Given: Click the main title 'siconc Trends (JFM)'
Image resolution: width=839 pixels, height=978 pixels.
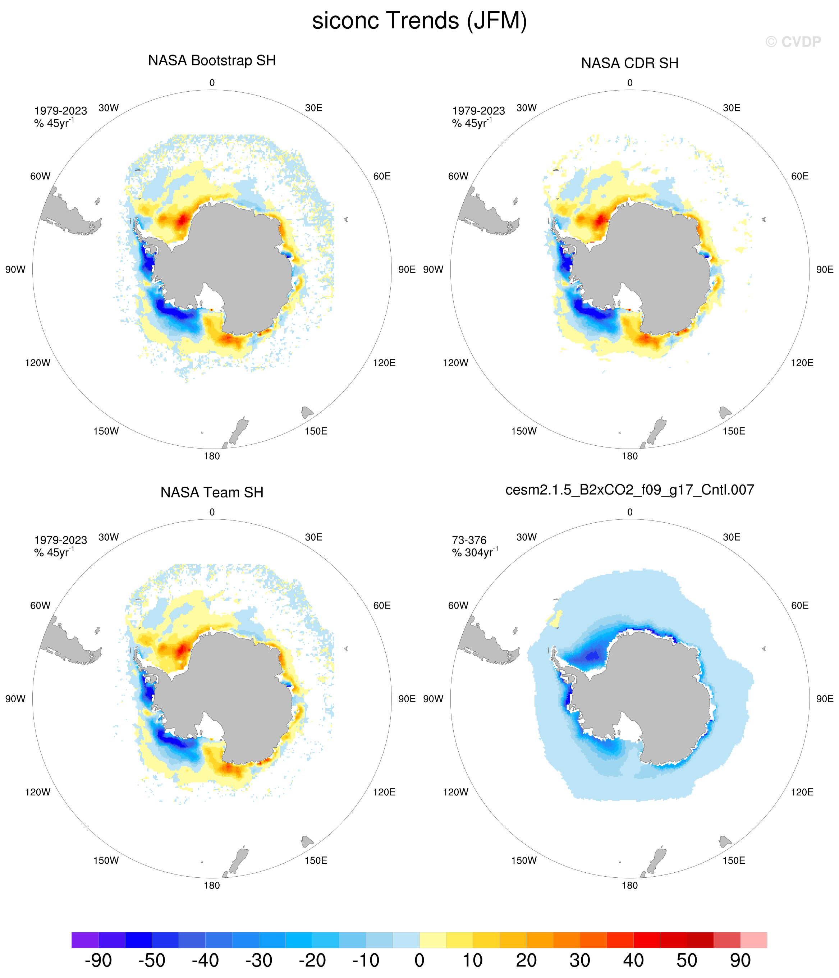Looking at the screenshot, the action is pos(419,21).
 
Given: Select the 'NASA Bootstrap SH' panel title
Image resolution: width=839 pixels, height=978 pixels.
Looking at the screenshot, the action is pos(212,61).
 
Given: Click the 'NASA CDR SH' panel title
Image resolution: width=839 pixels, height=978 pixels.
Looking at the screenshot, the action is pos(629,63).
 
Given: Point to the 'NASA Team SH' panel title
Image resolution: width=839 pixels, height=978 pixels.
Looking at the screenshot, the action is pos(212,492).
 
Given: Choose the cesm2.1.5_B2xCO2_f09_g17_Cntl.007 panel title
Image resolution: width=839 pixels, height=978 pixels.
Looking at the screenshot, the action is pos(629,490).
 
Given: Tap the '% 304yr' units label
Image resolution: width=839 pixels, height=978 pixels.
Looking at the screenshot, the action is pos(475,552).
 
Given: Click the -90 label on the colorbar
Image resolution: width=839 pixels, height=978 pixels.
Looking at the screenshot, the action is pos(98,960).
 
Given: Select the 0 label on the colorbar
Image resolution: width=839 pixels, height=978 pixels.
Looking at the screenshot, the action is pos(419,960).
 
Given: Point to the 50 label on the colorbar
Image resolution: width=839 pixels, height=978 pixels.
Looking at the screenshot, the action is pos(687,960).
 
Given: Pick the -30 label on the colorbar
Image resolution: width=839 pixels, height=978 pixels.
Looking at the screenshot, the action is pos(259,960).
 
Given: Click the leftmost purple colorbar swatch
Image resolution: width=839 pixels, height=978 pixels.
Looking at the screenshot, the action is pos(85,940).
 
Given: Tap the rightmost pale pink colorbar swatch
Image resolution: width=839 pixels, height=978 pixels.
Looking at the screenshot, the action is pos(753,940).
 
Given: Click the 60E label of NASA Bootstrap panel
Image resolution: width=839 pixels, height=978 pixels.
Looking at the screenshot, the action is pos(382,176).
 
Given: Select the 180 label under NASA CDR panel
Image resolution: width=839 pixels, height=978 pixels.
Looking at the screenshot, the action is pos(629,456).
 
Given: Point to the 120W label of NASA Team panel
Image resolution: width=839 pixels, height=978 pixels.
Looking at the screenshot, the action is pos(38,792).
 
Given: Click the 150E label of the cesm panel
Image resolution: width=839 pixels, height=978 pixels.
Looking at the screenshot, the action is pos(734,860).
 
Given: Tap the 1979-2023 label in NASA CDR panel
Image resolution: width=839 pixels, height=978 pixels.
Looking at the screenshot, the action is pos(478,111).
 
